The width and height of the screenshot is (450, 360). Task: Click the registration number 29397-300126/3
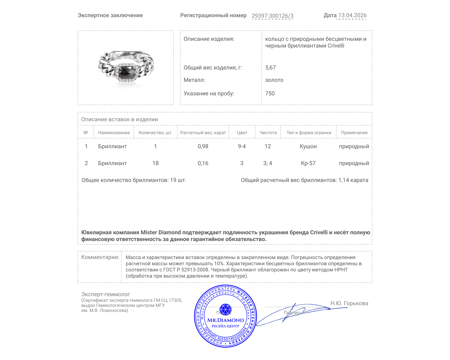[x=272, y=16]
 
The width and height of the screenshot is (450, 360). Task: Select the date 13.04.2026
[x=352, y=15]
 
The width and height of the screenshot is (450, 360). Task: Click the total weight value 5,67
[x=270, y=67]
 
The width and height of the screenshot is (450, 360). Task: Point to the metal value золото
[x=274, y=80]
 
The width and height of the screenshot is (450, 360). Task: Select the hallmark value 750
[x=270, y=93]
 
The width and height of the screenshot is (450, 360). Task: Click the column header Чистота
[x=268, y=133]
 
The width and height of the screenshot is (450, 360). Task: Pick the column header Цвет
[x=242, y=133]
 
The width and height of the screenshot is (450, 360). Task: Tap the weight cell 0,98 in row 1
[x=203, y=146]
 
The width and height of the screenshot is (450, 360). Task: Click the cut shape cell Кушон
[x=308, y=146]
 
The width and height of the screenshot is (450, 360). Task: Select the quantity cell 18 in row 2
[x=155, y=163]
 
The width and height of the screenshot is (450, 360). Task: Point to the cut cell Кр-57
[x=308, y=163]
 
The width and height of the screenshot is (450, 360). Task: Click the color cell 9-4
[x=242, y=146]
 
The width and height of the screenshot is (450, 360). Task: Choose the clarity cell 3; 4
[x=267, y=163]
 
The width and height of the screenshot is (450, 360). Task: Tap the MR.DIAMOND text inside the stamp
[x=226, y=320]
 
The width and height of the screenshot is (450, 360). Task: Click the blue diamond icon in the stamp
[x=225, y=309]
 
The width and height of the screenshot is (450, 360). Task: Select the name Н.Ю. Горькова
[x=349, y=303]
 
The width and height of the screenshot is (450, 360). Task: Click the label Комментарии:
[x=100, y=257]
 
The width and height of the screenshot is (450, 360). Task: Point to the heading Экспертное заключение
[x=110, y=15]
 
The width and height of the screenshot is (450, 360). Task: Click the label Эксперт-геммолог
[x=105, y=294]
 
